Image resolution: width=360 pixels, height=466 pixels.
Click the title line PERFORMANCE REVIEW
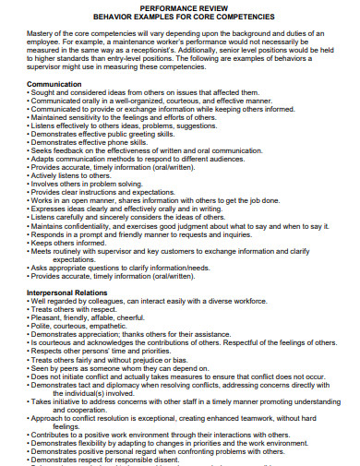pos(179,8)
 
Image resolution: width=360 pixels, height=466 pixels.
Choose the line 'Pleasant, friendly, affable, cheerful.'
pos(94,317)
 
